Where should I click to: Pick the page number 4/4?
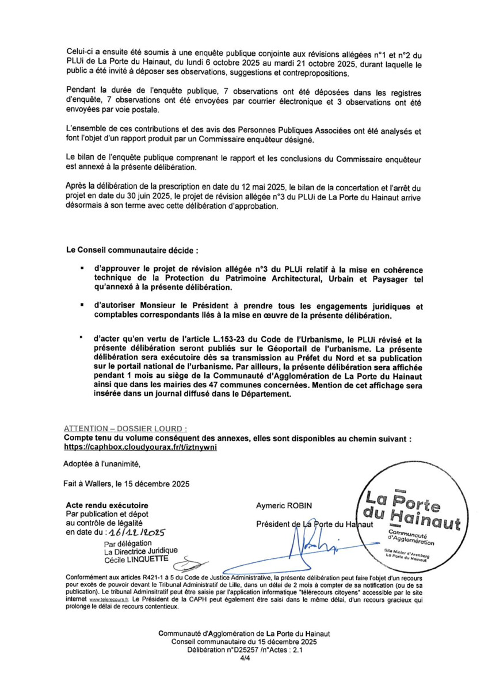pyautogui.click(x=244, y=661)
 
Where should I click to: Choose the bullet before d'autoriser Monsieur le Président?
pyautogui.click(x=84, y=305)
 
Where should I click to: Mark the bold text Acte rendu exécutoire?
pyautogui.click(x=107, y=505)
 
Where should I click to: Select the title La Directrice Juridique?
pyautogui.click(x=140, y=550)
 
